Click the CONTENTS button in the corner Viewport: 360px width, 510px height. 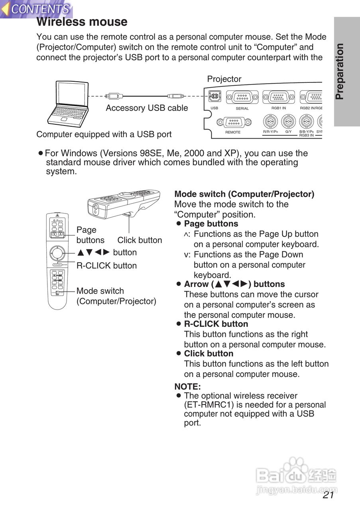(x=37, y=9)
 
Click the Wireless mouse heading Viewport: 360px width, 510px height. (x=82, y=22)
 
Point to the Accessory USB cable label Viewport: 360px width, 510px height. (x=147, y=108)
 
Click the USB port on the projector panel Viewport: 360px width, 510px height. (x=214, y=97)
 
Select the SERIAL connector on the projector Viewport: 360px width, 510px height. (x=242, y=97)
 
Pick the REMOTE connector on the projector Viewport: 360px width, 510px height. (x=233, y=122)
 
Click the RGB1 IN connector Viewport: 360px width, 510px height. (x=279, y=97)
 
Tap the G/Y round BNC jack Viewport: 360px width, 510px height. (x=288, y=121)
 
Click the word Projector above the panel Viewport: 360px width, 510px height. (x=224, y=79)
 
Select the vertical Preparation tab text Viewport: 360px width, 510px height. (x=339, y=72)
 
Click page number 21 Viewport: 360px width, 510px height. (x=329, y=495)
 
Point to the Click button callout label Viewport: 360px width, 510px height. (x=140, y=240)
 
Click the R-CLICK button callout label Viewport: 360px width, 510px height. (x=106, y=266)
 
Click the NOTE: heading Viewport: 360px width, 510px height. (x=187, y=386)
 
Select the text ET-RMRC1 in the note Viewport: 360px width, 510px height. (x=206, y=405)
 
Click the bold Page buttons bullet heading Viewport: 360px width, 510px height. (x=211, y=224)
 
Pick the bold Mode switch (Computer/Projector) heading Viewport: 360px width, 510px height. (x=244, y=194)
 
